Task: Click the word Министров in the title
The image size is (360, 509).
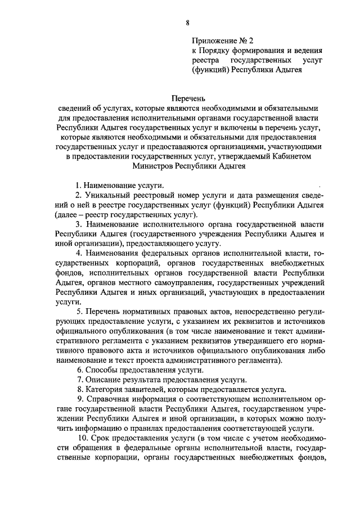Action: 155,166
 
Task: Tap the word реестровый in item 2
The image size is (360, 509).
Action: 150,195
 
